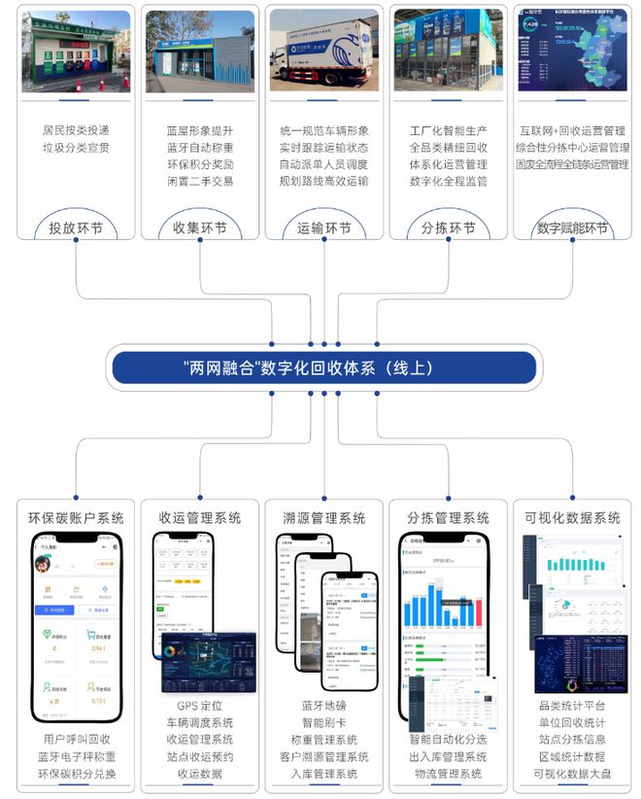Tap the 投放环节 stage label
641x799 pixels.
click(76, 229)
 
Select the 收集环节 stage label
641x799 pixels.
click(199, 229)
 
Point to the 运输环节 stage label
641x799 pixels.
click(323, 229)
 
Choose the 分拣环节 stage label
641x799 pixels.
click(448, 229)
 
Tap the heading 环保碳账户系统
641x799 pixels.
click(76, 518)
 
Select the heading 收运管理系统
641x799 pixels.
click(199, 518)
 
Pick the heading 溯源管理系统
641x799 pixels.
click(323, 518)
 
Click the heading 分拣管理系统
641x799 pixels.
click(448, 518)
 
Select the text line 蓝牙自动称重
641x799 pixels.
click(199, 147)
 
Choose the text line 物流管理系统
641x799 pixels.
click(448, 774)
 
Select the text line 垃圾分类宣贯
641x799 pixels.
click(76, 147)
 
